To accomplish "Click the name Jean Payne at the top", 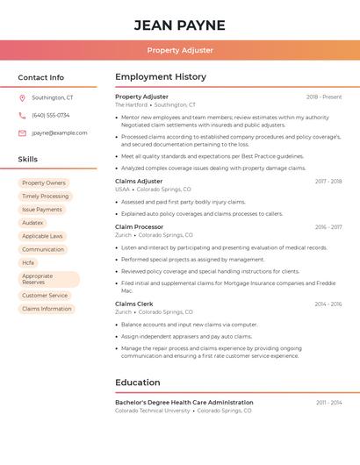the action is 179,25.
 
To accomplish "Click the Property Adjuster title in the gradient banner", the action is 180,50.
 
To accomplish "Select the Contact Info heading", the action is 41,77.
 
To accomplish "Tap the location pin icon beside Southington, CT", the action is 22,97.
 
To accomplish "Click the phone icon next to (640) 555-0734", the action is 22,115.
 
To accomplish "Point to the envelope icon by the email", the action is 22,132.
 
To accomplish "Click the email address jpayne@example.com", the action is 60,132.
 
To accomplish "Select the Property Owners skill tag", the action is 44,183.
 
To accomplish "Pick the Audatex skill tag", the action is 32,223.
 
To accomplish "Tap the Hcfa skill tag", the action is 28,262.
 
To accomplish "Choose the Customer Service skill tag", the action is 45,296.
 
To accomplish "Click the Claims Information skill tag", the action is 47,309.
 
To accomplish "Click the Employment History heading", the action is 161,77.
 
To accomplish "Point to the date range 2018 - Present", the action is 324,97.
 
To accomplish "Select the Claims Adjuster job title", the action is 139,181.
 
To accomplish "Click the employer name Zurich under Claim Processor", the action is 123,235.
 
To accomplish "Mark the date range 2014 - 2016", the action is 328,304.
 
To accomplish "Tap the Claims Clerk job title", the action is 134,304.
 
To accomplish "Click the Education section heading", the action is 138,383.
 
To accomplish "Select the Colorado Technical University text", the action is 152,411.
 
